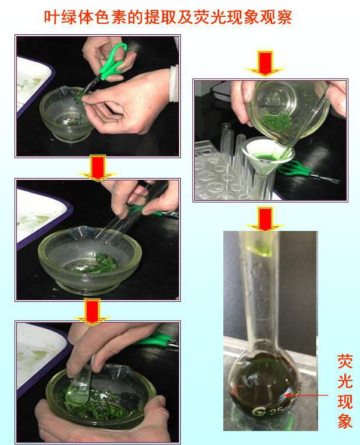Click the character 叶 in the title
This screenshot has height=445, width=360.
point(52,17)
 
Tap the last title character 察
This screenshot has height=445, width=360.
point(283,17)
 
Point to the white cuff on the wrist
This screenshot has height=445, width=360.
point(174,83)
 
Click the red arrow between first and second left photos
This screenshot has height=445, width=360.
point(98,168)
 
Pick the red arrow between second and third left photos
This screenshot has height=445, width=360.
point(92,312)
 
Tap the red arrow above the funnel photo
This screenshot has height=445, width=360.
point(265,63)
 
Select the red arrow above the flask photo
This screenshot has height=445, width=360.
point(265,219)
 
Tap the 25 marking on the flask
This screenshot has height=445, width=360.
point(277,410)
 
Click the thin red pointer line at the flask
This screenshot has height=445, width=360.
point(307,395)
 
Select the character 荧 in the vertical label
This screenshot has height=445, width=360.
point(345,361)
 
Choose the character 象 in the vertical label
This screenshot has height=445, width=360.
point(345,421)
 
